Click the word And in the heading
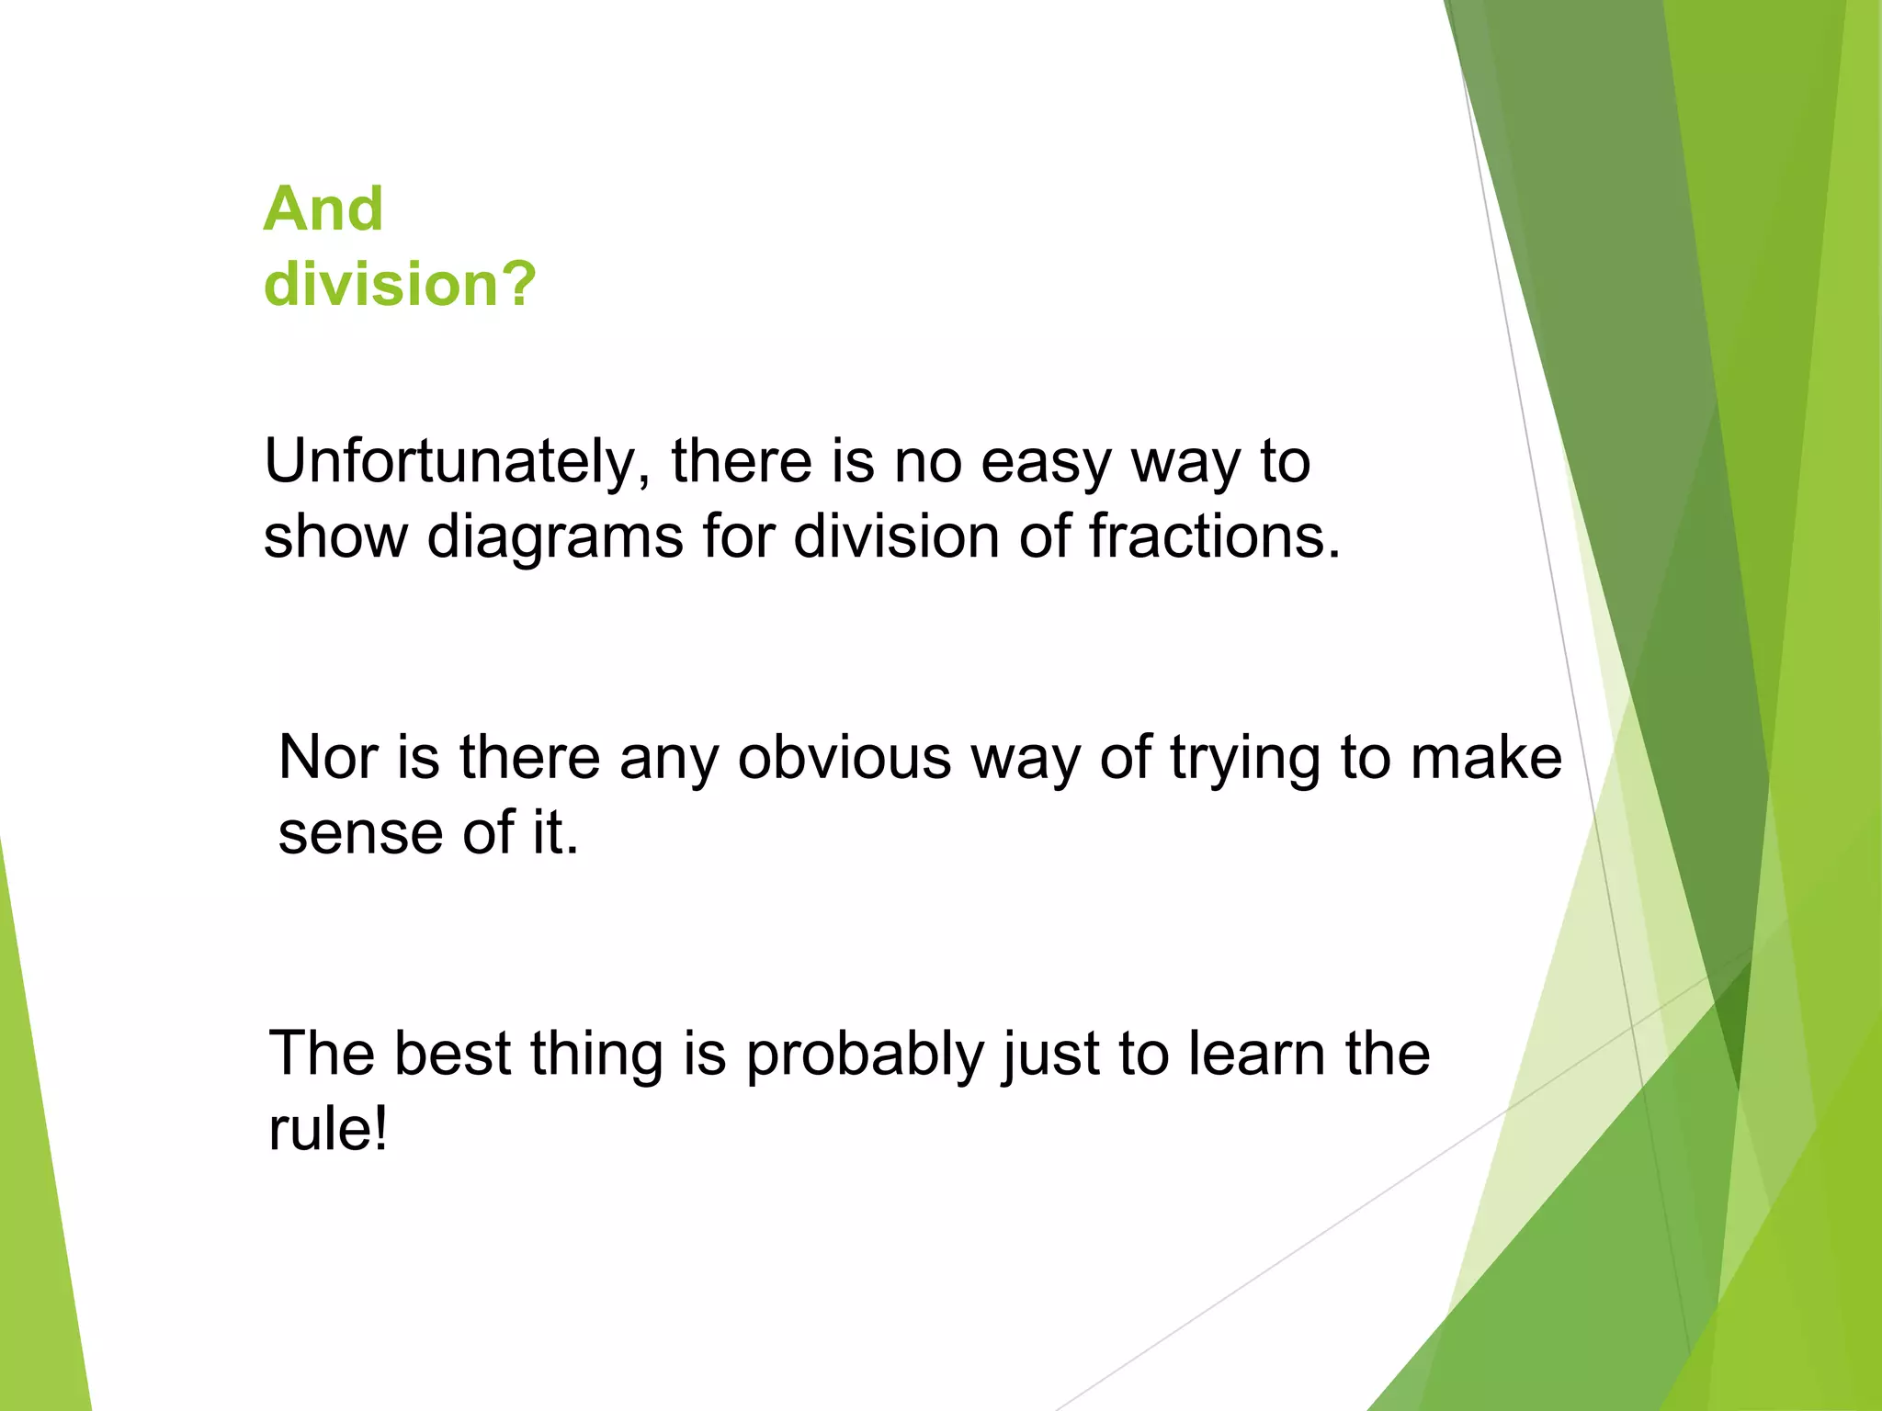tap(323, 209)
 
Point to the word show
tap(335, 536)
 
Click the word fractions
tap(1214, 536)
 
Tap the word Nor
tap(328, 758)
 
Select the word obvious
tap(844, 758)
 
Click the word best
tap(452, 1054)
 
